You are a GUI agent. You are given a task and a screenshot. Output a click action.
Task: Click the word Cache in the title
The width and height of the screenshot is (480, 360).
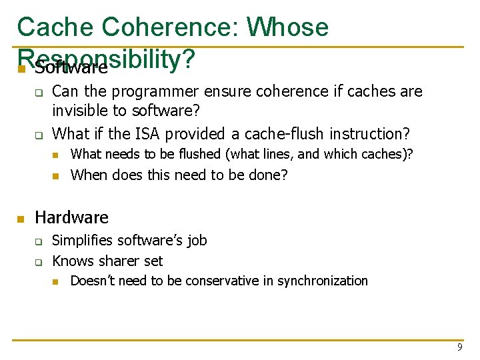point(55,27)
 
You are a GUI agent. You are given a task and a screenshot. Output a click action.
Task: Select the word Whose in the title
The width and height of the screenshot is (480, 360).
point(287,27)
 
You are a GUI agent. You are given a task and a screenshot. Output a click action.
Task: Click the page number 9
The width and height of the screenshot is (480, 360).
point(459,347)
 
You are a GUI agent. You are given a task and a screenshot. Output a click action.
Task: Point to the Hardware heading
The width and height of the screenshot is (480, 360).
point(71,217)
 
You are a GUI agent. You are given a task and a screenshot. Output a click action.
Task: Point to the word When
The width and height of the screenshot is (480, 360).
point(89,175)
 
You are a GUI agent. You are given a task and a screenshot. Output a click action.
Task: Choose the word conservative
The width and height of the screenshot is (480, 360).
point(214,281)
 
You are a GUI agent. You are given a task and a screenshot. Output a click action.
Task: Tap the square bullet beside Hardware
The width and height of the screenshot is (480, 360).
point(21,219)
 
